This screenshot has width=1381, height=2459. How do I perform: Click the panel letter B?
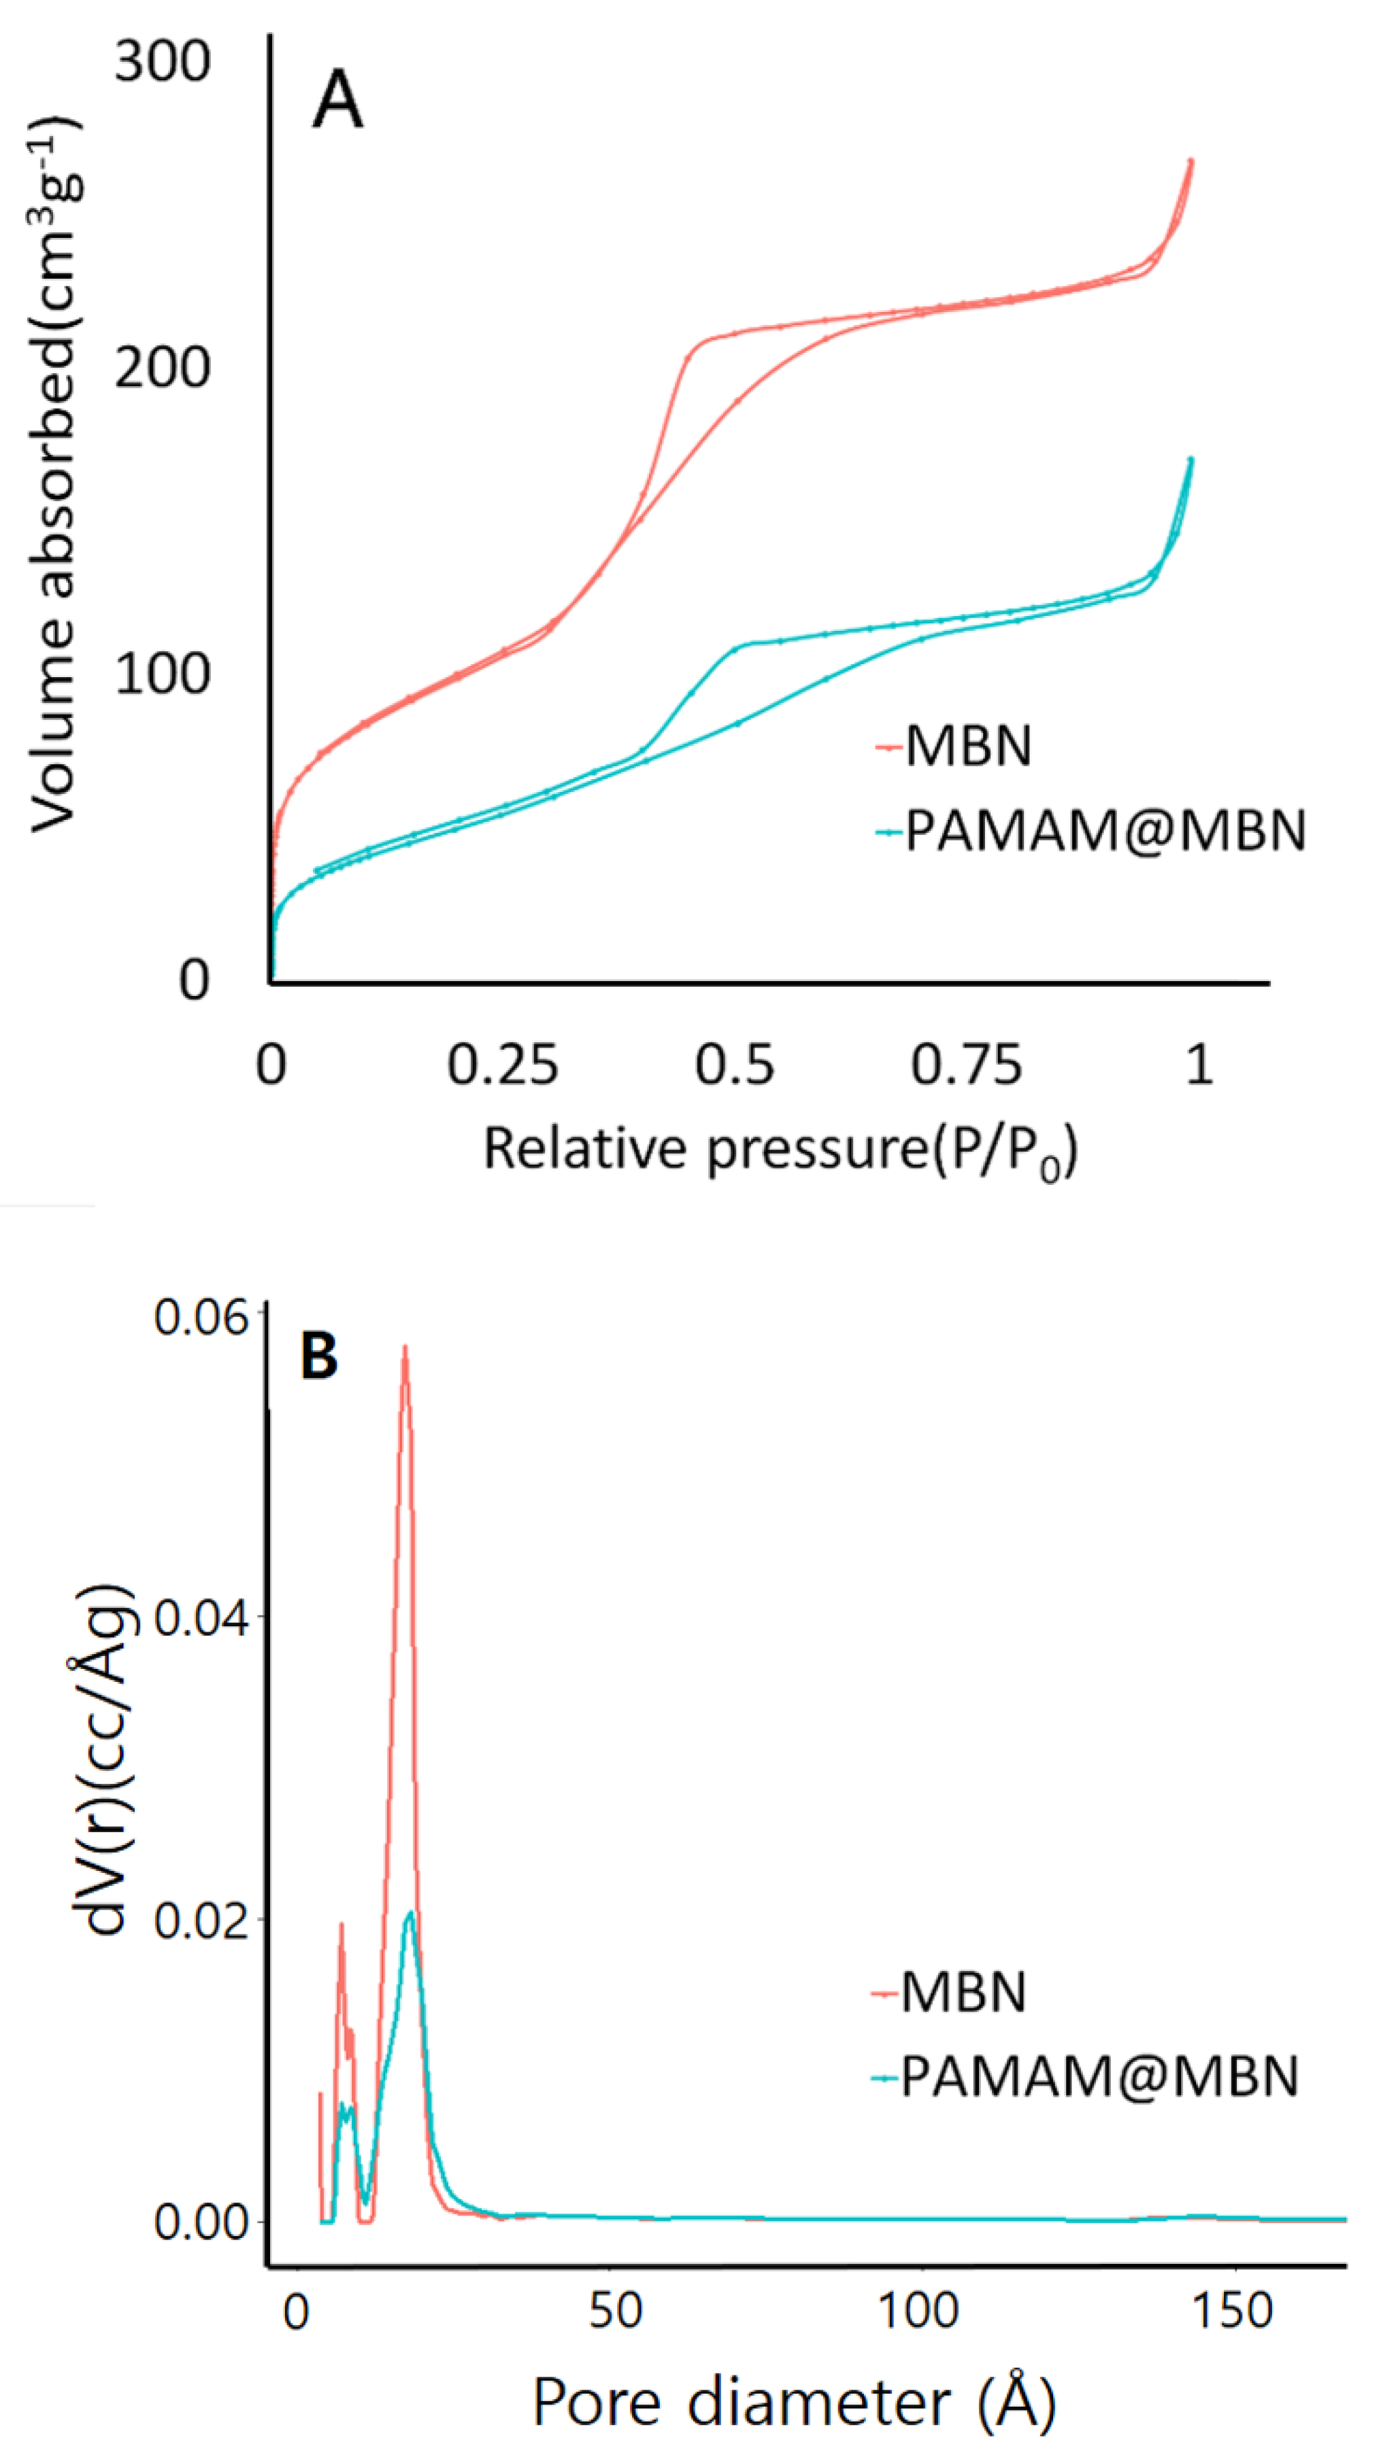click(319, 1356)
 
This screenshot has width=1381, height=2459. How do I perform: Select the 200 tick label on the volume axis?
click(163, 368)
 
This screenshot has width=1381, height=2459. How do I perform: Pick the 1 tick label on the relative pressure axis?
click(1199, 1065)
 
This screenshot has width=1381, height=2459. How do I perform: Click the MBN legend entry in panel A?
click(967, 746)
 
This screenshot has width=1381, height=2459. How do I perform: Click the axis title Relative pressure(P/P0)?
click(780, 1150)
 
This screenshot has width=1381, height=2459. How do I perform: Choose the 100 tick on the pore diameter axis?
click(919, 2313)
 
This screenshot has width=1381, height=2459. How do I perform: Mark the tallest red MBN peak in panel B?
click(405, 1348)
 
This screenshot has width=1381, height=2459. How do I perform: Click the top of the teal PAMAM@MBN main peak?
click(410, 1913)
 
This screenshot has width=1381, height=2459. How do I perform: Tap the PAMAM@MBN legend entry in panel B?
click(1098, 2077)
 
